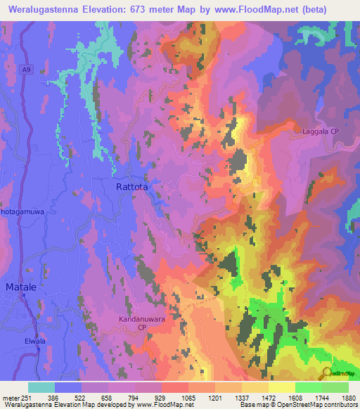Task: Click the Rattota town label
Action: point(134,188)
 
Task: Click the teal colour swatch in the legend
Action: point(41,387)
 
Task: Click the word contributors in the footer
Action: point(342,405)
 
